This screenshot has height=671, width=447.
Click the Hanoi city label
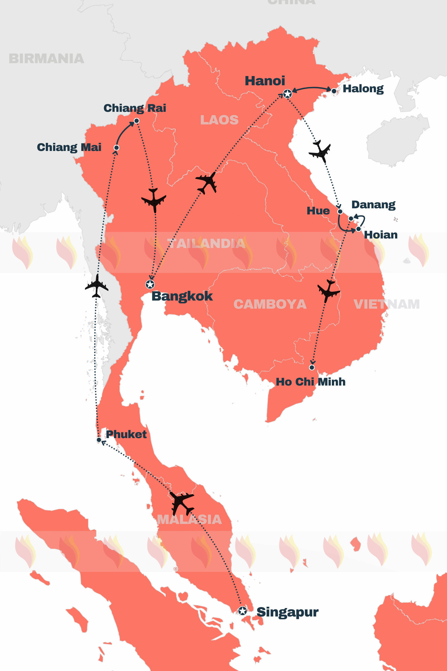coord(265,81)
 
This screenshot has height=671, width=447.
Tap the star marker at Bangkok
coord(150,284)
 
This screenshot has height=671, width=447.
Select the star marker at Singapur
coord(242,611)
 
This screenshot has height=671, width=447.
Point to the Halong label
coord(363,89)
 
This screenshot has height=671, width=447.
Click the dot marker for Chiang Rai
coord(137,121)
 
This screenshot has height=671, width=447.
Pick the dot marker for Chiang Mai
coord(116,148)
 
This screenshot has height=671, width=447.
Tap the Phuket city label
coord(126,434)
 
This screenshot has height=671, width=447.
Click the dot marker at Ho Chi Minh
coord(312,367)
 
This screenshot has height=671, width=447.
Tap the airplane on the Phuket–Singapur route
coord(181,502)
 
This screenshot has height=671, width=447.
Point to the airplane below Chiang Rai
coord(154,200)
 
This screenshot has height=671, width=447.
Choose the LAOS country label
coord(219,120)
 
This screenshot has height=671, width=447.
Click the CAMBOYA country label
coord(270,304)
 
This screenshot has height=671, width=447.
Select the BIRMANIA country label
coord(46,59)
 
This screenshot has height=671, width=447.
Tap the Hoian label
coord(381,235)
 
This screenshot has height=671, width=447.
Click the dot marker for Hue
coord(340,211)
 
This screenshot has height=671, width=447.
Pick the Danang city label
coord(373,205)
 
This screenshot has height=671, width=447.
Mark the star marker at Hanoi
coord(287,94)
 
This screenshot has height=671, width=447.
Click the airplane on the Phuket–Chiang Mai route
coord(97,286)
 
